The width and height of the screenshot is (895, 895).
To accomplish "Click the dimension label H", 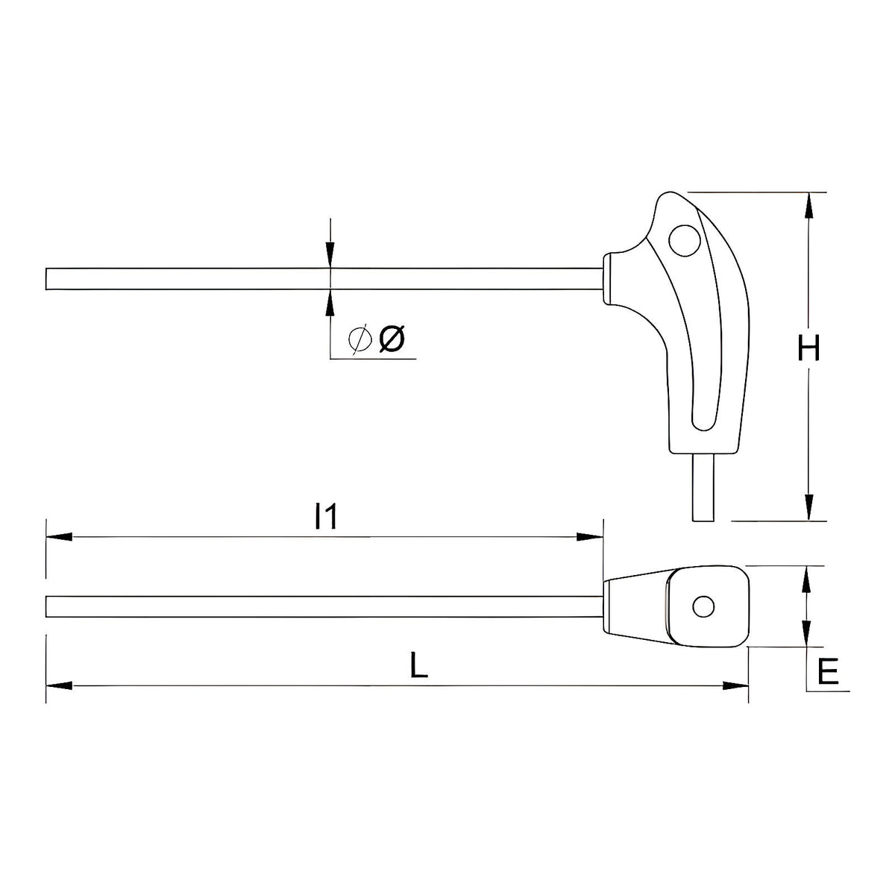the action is click(808, 348).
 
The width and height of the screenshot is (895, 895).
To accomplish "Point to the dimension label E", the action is click(828, 672).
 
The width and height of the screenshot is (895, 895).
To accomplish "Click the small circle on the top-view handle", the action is click(703, 606).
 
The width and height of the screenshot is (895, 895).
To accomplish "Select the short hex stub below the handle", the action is click(703, 487).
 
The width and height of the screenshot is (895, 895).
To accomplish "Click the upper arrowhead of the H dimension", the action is click(808, 205).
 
